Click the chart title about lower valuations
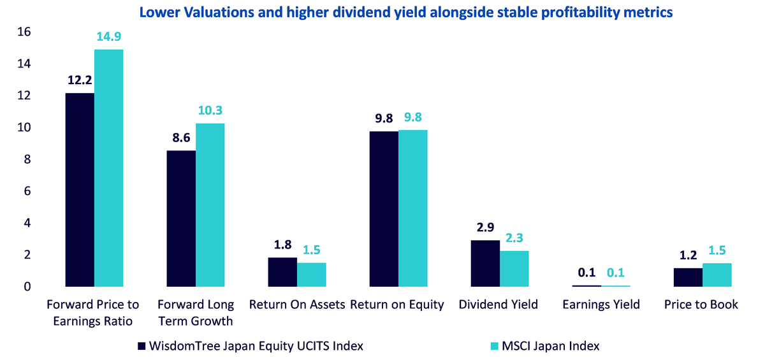pos(405,13)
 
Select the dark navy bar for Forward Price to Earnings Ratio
pos(80,190)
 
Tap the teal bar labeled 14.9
pos(109,168)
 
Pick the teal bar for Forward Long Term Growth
pos(210,205)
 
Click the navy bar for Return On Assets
pos(283,272)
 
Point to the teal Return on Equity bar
pos(413,208)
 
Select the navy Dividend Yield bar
pos(485,263)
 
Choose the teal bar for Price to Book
pos(717,275)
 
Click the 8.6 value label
pos(181,138)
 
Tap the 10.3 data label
pos(210,111)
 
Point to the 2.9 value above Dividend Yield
pos(485,227)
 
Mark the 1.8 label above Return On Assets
pos(283,245)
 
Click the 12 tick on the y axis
pos(24,96)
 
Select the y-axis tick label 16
pos(24,32)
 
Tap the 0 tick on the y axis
pos(27,287)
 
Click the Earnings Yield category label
pos(601,305)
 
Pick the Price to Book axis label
pos(701,305)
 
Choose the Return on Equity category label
pos(397,305)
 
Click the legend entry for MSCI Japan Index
pos(545,346)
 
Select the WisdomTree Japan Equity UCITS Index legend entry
pos(251,346)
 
